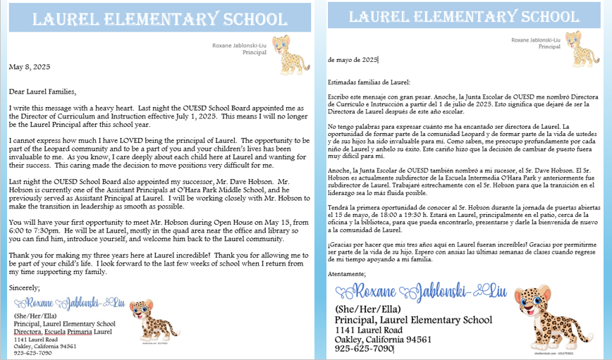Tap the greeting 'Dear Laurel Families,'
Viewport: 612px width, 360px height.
(42, 91)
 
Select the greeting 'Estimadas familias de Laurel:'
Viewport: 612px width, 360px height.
(365, 80)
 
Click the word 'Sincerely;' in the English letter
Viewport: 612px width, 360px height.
(25, 287)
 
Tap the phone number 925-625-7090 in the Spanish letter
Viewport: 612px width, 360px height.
(364, 348)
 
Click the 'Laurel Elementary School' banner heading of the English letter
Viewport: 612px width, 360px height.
(159, 19)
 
